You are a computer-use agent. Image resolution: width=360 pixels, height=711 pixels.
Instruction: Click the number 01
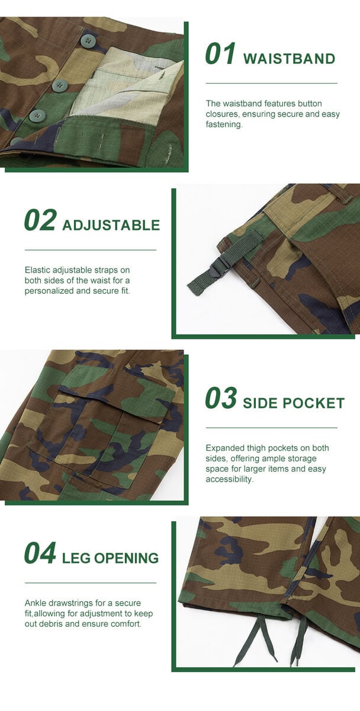tap(220, 54)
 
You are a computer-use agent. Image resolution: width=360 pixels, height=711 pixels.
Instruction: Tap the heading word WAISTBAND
tap(289, 59)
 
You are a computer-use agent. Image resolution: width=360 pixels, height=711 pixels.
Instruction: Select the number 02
tap(40, 220)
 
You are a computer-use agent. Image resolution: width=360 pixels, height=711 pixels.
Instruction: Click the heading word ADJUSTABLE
tap(111, 225)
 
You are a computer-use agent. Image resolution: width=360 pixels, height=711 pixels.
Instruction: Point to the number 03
tap(221, 398)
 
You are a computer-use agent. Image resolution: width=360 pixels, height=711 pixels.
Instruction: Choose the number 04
tap(40, 553)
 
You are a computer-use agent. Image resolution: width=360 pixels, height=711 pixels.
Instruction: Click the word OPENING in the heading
tap(126, 558)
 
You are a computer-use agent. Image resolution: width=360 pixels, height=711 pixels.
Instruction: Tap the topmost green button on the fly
tap(86, 40)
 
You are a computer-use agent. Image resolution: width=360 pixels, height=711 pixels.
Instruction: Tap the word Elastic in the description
tap(37, 270)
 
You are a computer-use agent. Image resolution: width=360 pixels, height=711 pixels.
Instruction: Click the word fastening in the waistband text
tap(224, 124)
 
